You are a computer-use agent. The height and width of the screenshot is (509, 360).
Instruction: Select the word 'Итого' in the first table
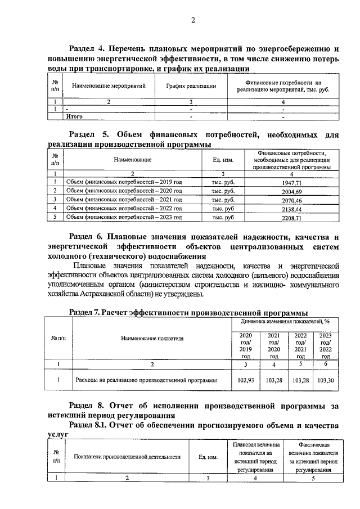pos(75,116)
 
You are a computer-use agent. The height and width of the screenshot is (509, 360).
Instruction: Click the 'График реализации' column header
pos(191,86)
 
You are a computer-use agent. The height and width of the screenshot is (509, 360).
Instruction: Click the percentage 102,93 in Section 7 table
pos(246,380)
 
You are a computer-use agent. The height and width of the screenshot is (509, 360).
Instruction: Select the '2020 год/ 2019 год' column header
pos(246,345)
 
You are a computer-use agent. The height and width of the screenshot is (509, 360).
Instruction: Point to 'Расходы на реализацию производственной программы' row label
pos(146,380)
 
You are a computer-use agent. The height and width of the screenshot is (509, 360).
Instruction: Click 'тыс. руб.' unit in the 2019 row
pos(223,183)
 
